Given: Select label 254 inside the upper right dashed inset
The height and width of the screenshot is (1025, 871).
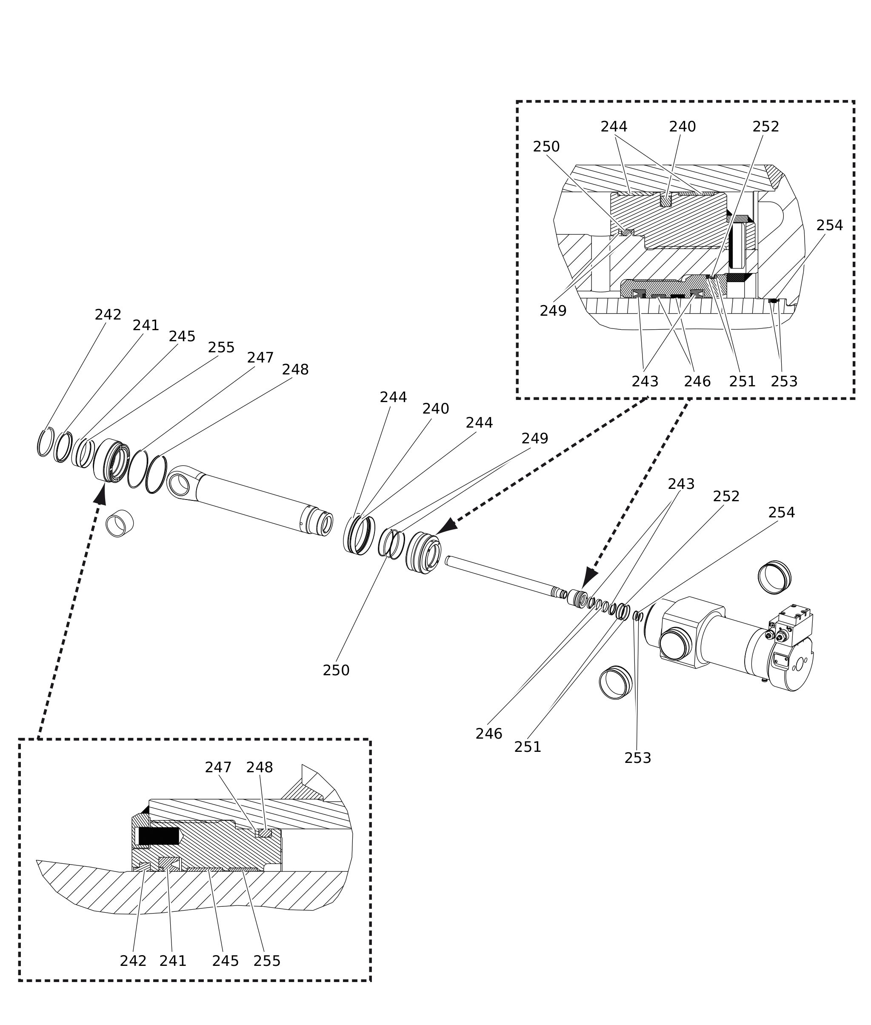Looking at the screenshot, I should tap(829, 226).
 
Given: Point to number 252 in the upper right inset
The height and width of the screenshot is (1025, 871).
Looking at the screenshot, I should tap(765, 127).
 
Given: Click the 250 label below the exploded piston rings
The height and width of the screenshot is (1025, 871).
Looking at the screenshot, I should tap(336, 671).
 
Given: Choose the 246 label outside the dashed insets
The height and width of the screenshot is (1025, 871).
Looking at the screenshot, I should tap(488, 734).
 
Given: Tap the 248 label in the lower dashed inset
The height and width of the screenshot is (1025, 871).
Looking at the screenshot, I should tap(259, 768).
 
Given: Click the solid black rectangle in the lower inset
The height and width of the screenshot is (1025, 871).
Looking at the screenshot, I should tap(158, 836).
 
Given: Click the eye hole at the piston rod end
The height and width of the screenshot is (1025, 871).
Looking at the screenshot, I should tap(179, 484).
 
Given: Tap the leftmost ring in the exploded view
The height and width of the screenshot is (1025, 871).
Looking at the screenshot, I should tap(46, 442).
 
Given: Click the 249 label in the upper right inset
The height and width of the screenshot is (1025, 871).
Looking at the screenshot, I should tap(553, 311).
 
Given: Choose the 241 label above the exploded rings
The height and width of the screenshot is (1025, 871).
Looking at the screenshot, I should tap(146, 326).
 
